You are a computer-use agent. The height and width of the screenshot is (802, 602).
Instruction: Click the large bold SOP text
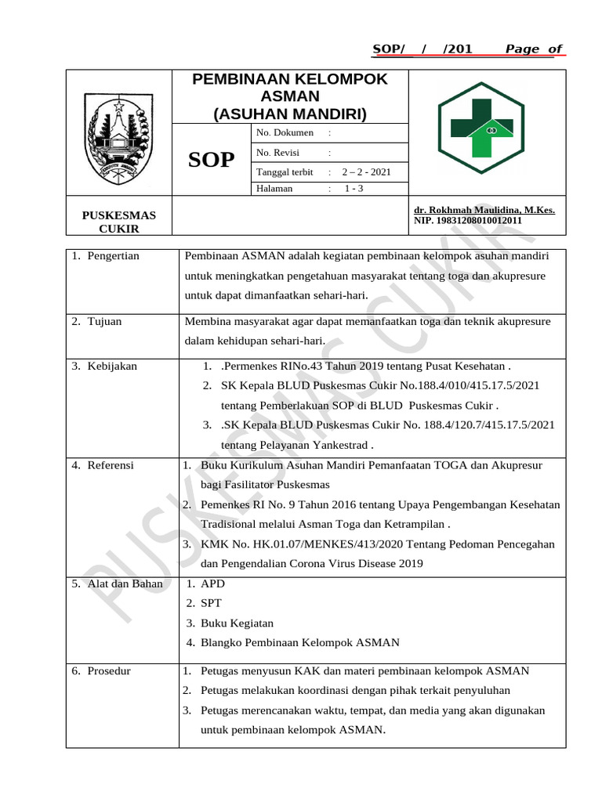pos(211,161)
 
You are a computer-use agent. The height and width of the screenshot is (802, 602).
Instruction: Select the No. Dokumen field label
pos(285,133)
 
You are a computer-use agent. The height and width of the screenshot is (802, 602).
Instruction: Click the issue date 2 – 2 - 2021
pos(366,172)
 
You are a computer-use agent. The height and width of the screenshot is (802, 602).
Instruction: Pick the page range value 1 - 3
pos(354,189)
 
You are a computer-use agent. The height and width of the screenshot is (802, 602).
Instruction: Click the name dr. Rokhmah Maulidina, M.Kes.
pos(484,211)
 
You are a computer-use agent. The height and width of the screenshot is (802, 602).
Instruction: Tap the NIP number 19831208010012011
pos(469,222)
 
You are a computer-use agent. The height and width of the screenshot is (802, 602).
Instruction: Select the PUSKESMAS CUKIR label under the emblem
pos(119,222)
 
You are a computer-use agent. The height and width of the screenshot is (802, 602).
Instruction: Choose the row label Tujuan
pos(104,321)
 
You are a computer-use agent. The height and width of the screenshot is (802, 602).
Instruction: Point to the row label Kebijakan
pos(111,367)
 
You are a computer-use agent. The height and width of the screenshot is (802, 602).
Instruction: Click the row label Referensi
pos(111,465)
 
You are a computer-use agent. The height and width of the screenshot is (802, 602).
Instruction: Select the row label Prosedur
pos(109,671)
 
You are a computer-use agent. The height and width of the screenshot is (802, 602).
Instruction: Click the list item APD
pos(212,583)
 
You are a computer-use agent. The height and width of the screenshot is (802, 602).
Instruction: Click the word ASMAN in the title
pos(290,96)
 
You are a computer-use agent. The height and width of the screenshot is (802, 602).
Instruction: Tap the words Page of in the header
pos(533,49)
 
